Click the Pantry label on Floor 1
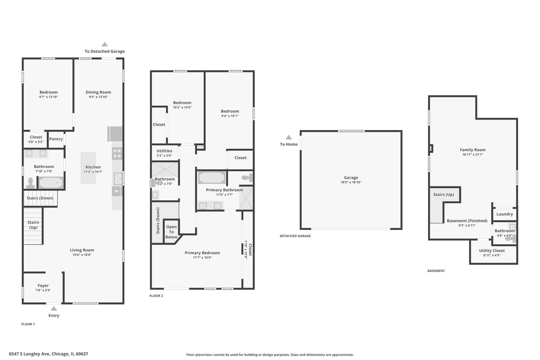tap(56, 139)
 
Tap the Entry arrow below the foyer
tap(54, 309)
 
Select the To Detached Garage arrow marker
tap(105, 44)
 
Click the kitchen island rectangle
tap(88, 168)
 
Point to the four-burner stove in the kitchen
tap(117, 154)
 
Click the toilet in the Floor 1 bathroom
tap(31, 183)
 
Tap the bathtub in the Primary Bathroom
tap(212, 178)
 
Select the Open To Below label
tap(171, 232)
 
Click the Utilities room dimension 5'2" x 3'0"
tap(164, 156)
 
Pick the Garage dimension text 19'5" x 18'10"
tap(351, 182)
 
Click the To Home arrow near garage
tap(289, 137)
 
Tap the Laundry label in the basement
tap(504, 214)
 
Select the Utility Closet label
tap(492, 251)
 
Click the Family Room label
tap(472, 150)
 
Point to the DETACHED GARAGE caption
tap(295, 236)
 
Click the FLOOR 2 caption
tap(156, 296)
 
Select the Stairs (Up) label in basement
tap(443, 195)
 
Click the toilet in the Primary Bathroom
tap(247, 178)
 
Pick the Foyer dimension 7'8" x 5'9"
tap(43, 290)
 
